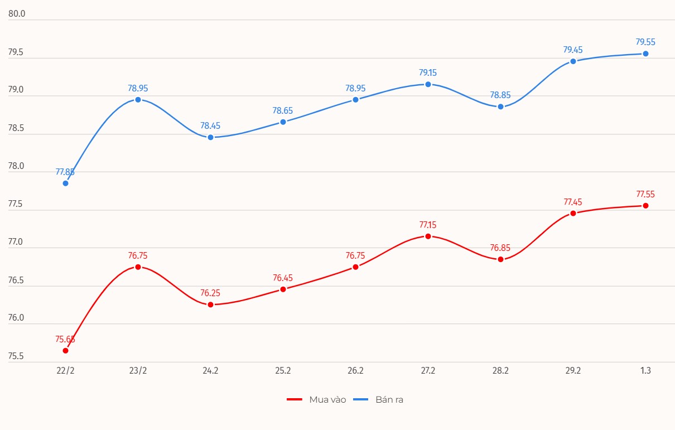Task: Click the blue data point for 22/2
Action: point(65,183)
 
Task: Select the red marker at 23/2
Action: point(138,267)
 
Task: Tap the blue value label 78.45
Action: point(210,126)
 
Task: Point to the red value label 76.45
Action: point(283,278)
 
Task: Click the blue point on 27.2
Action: point(428,84)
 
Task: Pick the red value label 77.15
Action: point(428,225)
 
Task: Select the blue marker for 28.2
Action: point(500,107)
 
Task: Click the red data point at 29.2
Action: point(573,213)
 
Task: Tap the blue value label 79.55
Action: point(645,42)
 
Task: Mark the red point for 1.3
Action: point(645,205)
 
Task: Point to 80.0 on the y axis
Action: point(17,14)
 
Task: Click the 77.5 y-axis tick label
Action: point(17,204)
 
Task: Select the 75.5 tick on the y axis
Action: point(17,356)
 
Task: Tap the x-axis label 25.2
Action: point(283,371)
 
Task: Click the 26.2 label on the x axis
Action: point(355,371)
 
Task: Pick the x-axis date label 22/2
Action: point(65,371)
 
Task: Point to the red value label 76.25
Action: point(210,293)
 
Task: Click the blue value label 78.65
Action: point(283,110)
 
